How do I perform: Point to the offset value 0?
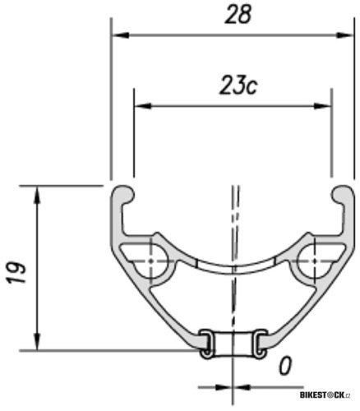284,365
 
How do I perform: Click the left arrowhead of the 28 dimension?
120,35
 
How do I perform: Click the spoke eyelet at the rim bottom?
233,344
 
